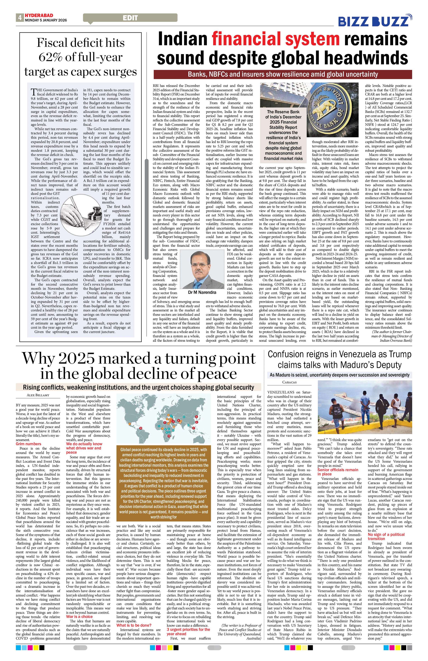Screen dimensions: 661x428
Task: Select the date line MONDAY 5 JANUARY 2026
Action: pyautogui.click(x=46, y=20)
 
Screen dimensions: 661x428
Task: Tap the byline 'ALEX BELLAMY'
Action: pyautogui.click(x=38, y=395)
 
